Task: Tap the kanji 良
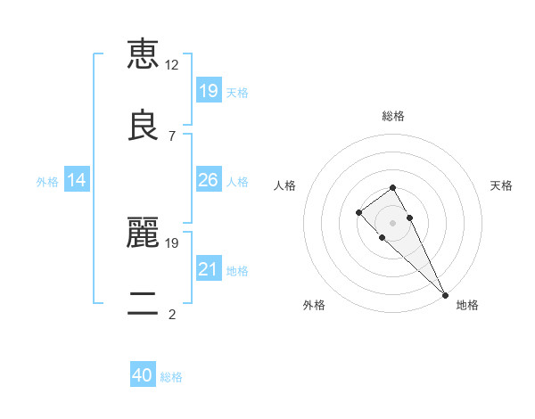click(x=143, y=126)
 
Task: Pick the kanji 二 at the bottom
click(x=143, y=304)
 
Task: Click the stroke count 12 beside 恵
click(x=172, y=65)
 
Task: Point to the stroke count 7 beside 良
click(x=172, y=136)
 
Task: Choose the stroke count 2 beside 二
click(x=172, y=315)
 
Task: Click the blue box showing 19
click(x=209, y=90)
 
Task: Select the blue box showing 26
click(x=209, y=180)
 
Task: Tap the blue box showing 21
click(x=209, y=269)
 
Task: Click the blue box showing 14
click(x=77, y=180)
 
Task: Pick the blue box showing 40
click(x=143, y=375)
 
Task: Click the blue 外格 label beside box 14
click(x=47, y=182)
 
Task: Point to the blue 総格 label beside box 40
click(x=171, y=377)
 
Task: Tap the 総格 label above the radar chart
click(x=393, y=116)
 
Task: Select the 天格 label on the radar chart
click(x=501, y=185)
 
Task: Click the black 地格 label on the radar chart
click(x=467, y=305)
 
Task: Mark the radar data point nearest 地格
click(x=444, y=294)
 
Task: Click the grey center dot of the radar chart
click(x=392, y=223)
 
